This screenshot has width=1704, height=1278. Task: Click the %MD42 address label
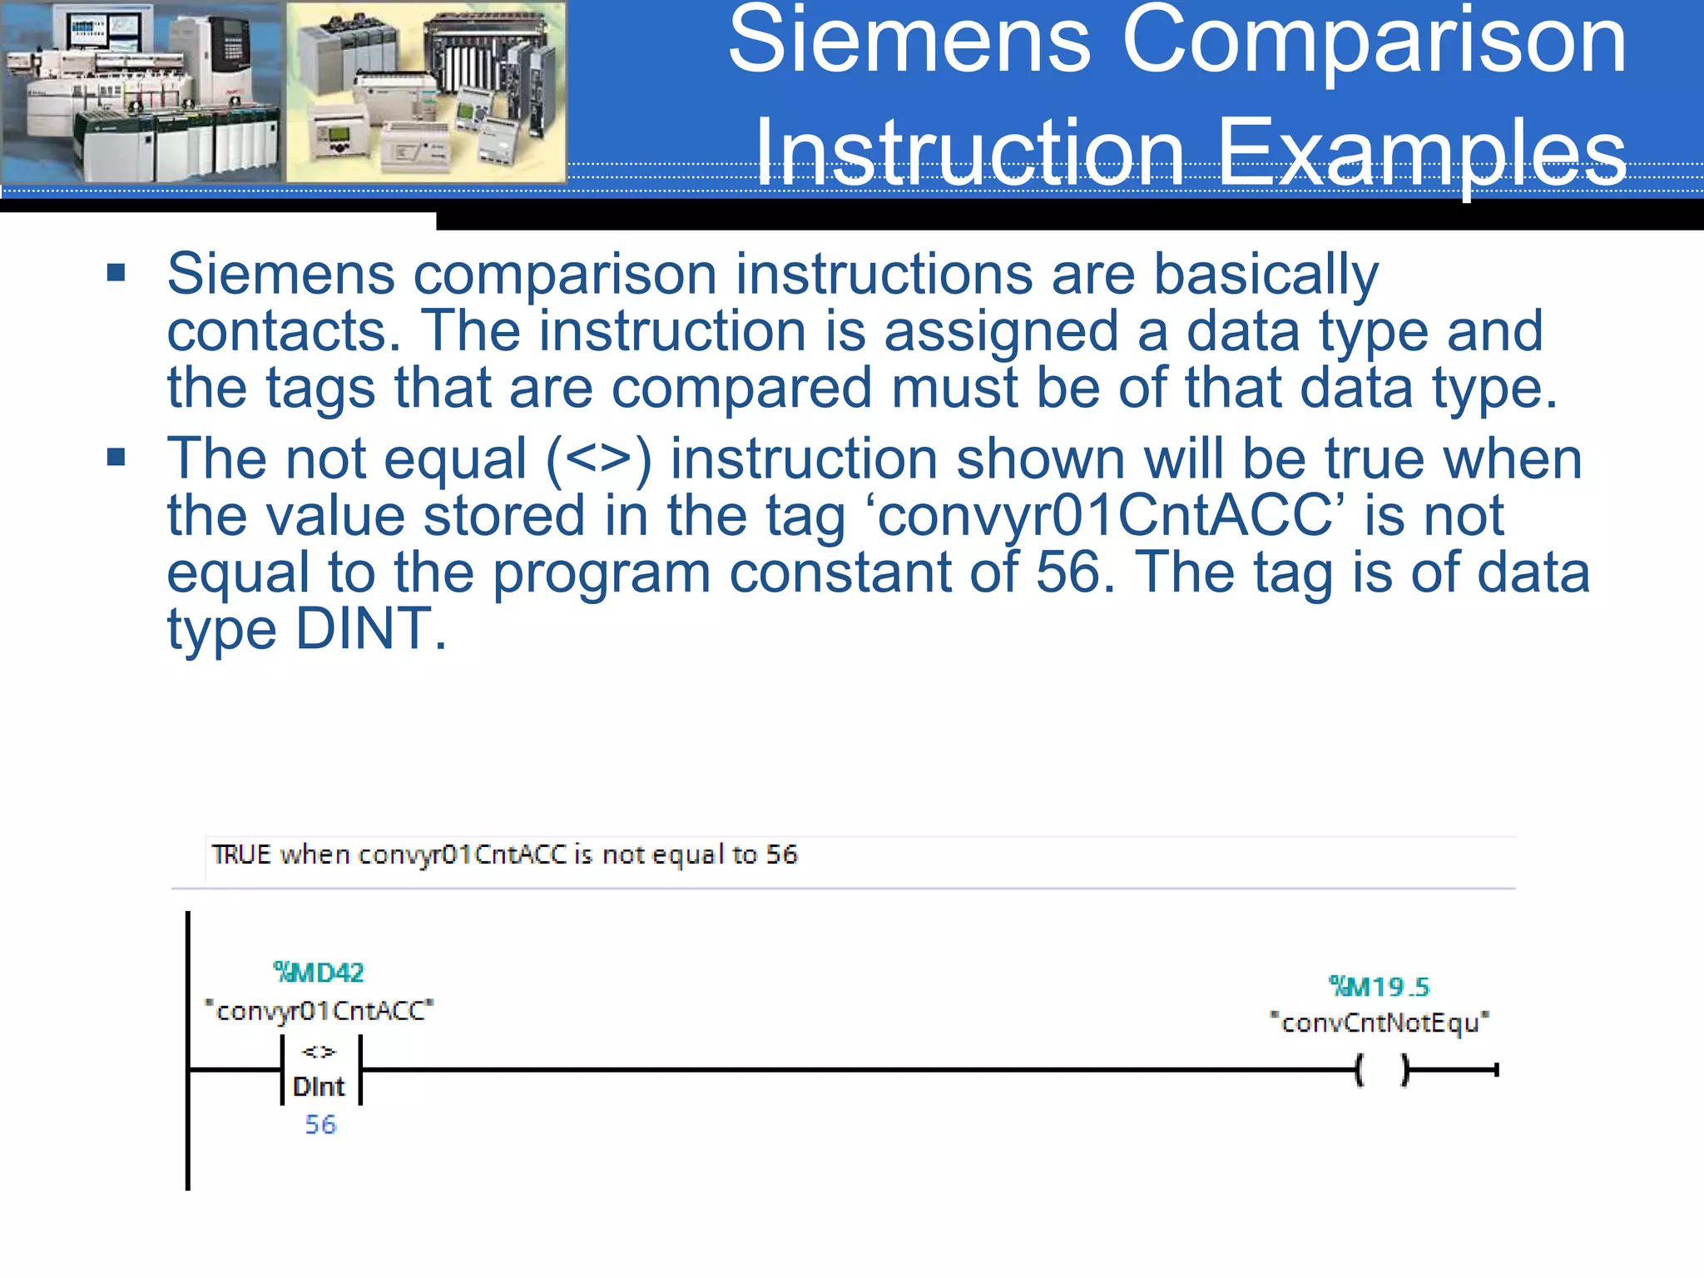pyautogui.click(x=319, y=972)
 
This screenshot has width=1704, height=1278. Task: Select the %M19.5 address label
pyautogui.click(x=1379, y=987)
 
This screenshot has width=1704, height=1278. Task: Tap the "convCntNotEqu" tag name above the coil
pyautogui.click(x=1379, y=1023)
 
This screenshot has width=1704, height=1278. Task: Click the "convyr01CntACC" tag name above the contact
pyautogui.click(x=319, y=1011)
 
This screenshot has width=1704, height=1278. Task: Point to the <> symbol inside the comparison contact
pyautogui.click(x=319, y=1052)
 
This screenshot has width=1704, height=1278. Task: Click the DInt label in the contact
pyautogui.click(x=319, y=1087)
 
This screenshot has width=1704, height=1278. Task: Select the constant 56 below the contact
pyautogui.click(x=320, y=1125)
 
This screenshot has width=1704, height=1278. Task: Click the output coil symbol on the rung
pyautogui.click(x=1381, y=1070)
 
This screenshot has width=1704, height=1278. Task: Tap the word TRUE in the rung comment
pyautogui.click(x=241, y=854)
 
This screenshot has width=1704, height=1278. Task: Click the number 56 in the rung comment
pyautogui.click(x=781, y=854)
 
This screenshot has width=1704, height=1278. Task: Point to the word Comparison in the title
pyautogui.click(x=1373, y=40)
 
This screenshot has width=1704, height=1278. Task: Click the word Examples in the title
pyautogui.click(x=1421, y=153)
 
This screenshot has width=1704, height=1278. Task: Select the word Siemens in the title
pyautogui.click(x=909, y=40)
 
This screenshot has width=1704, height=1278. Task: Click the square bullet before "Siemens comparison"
pyautogui.click(x=116, y=273)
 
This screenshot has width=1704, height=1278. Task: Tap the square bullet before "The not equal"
pyautogui.click(x=116, y=457)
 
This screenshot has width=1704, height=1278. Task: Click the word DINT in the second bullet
pyautogui.click(x=364, y=629)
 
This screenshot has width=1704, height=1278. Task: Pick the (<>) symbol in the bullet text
pyautogui.click(x=598, y=458)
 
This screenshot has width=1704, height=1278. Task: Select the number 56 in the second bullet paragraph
pyautogui.click(x=1068, y=572)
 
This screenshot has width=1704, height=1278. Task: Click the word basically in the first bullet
pyautogui.click(x=1266, y=275)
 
